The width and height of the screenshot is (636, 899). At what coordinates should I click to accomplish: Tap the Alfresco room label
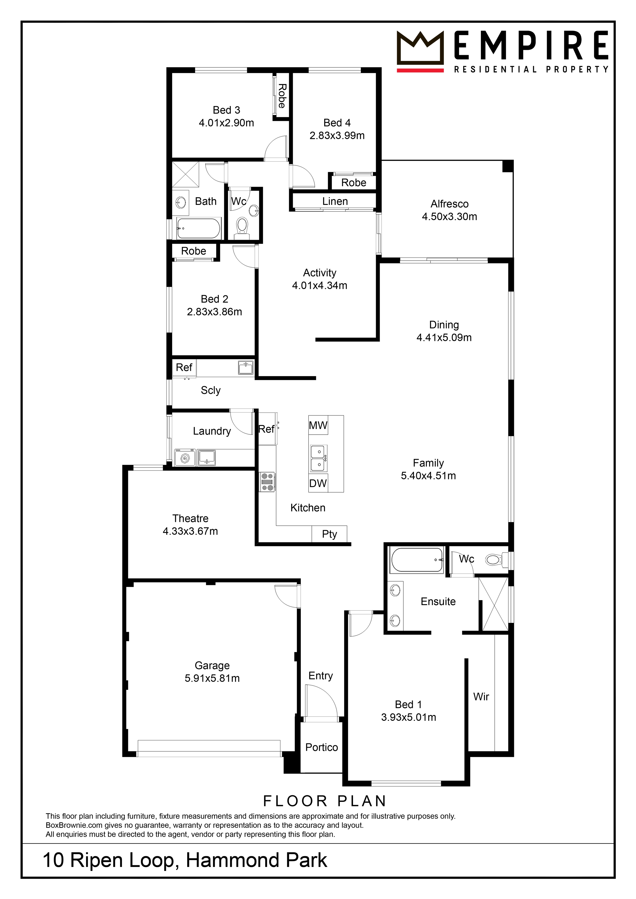[450, 204]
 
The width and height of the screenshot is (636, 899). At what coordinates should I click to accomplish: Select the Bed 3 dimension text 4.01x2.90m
[226, 123]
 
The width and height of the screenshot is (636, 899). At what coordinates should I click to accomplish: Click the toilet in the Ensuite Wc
[494, 559]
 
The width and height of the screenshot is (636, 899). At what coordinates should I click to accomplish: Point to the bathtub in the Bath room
[199, 229]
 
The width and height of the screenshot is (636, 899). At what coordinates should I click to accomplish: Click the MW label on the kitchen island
[318, 426]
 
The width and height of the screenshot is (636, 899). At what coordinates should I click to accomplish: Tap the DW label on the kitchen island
[318, 484]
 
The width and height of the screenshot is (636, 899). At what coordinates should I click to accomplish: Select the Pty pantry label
[329, 534]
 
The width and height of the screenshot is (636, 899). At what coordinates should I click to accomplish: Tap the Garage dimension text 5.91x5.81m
[212, 679]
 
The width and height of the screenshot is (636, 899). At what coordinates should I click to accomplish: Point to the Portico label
[322, 747]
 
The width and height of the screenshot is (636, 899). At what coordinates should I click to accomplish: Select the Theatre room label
[190, 518]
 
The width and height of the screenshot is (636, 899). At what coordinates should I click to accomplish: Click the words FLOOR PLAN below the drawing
[325, 801]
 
